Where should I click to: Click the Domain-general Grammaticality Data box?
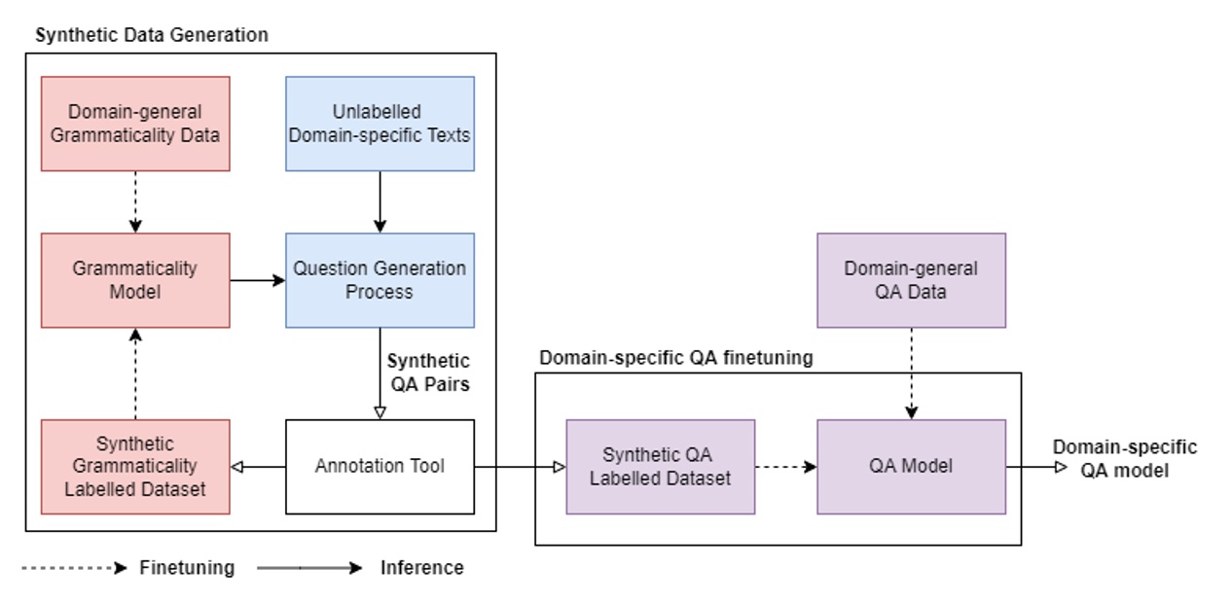135,124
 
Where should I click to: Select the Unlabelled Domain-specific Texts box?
380,124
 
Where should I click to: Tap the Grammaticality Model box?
135,280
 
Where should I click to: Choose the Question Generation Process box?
380,280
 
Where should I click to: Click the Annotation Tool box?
380,467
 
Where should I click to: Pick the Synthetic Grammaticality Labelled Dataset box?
135,467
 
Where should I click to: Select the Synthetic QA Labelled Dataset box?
660,467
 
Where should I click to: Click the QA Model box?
911,467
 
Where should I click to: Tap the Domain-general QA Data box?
911,280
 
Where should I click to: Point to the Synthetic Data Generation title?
151,35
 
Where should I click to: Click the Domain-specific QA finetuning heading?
675,358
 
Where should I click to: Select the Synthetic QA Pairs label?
429,372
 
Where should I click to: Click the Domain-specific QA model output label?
1124,458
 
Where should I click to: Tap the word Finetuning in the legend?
187,568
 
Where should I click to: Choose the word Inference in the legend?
421,568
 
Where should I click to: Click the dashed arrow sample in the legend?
74,568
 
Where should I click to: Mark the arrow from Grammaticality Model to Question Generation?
258,280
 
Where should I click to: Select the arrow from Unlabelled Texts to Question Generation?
380,202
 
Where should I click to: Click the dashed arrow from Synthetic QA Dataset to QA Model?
785,467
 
